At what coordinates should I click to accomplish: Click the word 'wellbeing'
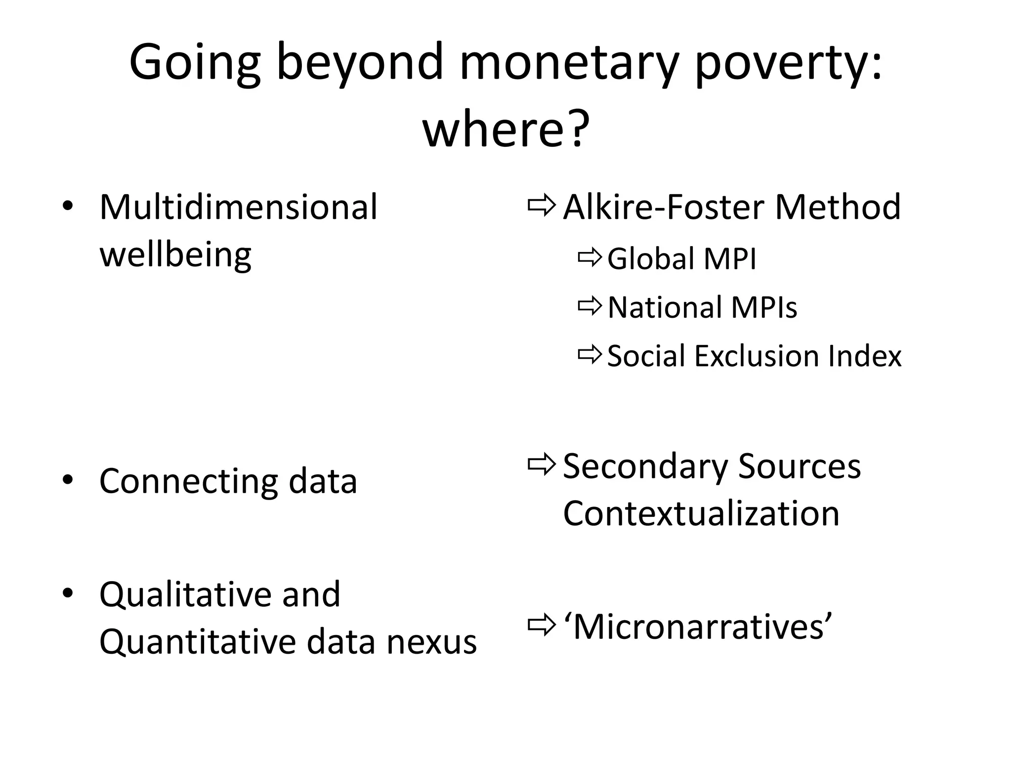175,255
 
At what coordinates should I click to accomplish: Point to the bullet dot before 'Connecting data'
68,480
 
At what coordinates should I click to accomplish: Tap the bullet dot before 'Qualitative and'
68,592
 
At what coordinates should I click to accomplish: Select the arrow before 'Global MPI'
590,257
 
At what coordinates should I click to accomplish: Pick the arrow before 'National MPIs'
590,306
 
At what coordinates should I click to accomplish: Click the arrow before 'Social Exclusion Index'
590,354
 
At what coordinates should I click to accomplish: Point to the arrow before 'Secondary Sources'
542,464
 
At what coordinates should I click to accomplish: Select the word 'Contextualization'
701,513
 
